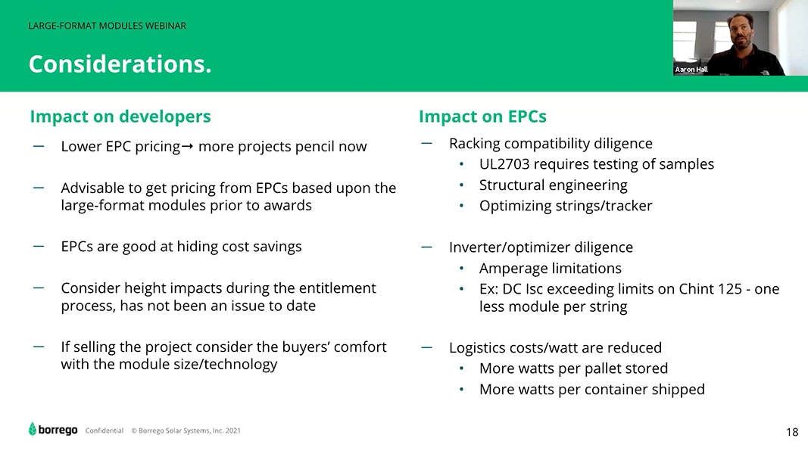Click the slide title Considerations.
tap(120, 64)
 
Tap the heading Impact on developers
tap(120, 117)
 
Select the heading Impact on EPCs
tap(482, 117)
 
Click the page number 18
tap(792, 432)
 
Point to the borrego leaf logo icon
tap(33, 429)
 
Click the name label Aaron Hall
tap(691, 70)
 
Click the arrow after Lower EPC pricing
tap(188, 147)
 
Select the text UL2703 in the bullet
tap(504, 164)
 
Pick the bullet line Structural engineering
tap(554, 185)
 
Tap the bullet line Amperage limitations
tap(551, 269)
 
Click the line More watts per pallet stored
tap(573, 368)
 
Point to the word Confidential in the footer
tap(104, 431)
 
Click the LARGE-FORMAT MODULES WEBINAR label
tap(108, 26)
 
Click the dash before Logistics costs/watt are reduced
tap(426, 347)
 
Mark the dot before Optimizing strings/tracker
tap(462, 207)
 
